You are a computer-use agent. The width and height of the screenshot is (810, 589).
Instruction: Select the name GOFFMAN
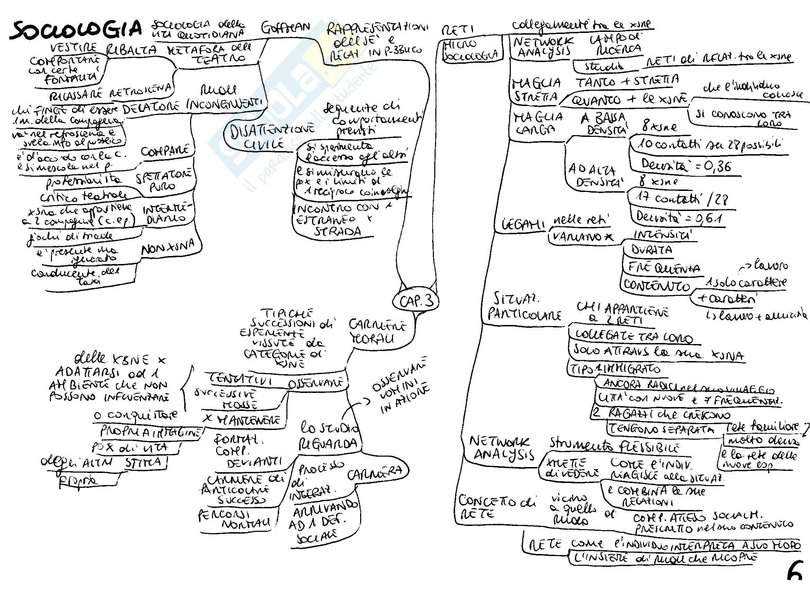pyautogui.click(x=286, y=28)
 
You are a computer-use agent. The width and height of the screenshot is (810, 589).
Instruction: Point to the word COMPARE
pyautogui.click(x=165, y=151)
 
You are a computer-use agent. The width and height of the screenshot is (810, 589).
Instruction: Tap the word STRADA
pyautogui.click(x=338, y=231)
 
